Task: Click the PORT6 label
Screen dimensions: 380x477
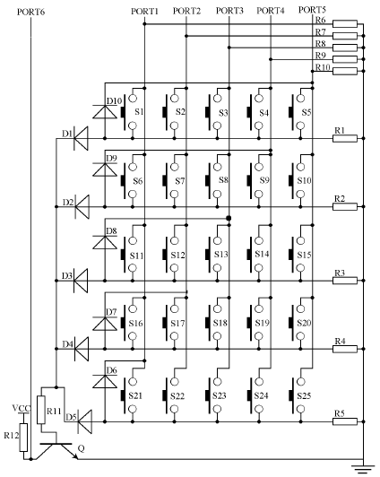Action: click(30, 13)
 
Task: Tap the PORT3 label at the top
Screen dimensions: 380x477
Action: click(229, 11)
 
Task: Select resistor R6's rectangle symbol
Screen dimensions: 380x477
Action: click(345, 23)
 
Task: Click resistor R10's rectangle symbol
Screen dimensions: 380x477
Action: click(345, 71)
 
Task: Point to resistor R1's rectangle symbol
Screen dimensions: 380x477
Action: click(345, 138)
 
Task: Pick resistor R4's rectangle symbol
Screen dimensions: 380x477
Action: click(345, 349)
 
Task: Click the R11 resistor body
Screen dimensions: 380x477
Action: click(41, 410)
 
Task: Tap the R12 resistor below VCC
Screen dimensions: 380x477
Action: click(23, 438)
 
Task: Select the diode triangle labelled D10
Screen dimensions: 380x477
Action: click(105, 112)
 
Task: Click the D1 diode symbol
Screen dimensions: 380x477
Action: click(81, 138)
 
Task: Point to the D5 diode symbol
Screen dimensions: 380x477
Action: click(85, 421)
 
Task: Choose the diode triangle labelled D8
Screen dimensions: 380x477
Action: click(105, 242)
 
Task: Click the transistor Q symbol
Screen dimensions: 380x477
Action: click(56, 451)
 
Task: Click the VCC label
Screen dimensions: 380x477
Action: click(22, 408)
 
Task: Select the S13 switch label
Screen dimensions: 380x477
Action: click(221, 254)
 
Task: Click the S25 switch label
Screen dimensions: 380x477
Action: click(304, 395)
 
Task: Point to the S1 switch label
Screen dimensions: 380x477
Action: click(139, 112)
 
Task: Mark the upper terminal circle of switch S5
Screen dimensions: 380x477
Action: click(300, 98)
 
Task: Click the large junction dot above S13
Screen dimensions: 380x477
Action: click(229, 218)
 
